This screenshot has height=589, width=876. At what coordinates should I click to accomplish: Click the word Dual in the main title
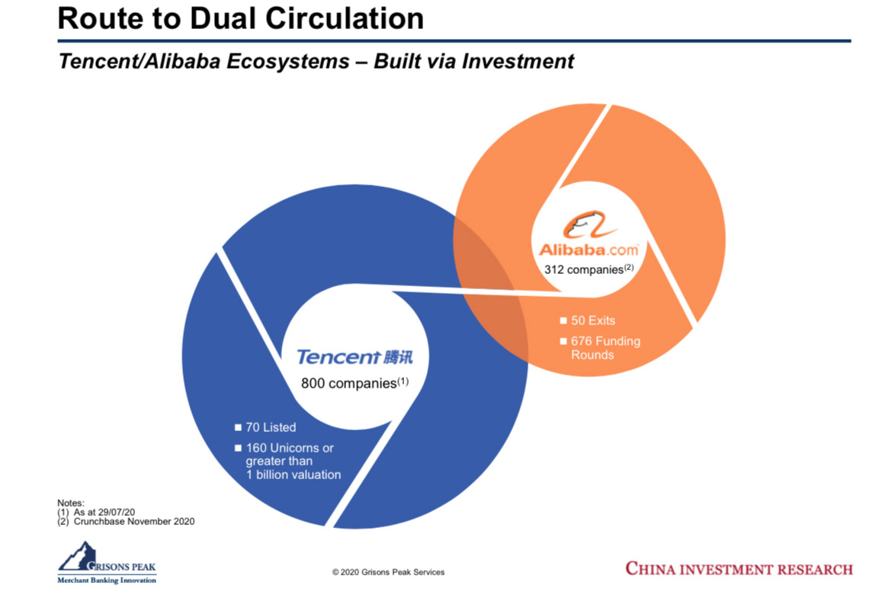(x=223, y=18)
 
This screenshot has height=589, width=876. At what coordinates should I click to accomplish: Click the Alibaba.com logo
(x=589, y=234)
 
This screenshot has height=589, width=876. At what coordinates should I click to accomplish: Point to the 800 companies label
(x=355, y=383)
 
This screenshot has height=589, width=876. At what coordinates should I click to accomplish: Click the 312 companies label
(x=589, y=269)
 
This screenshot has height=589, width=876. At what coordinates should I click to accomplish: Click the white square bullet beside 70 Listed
(x=238, y=427)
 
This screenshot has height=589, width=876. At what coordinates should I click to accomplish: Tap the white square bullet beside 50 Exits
(x=563, y=320)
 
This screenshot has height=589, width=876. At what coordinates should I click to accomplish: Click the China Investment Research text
(x=739, y=569)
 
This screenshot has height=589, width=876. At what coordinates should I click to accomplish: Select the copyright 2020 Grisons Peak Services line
(x=388, y=571)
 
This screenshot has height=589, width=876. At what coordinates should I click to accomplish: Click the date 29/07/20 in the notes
(x=116, y=512)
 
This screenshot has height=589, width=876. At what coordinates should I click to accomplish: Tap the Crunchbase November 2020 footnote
(x=134, y=521)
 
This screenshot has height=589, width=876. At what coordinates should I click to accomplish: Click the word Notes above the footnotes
(x=70, y=503)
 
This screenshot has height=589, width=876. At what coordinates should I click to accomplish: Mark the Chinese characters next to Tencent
(x=398, y=356)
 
